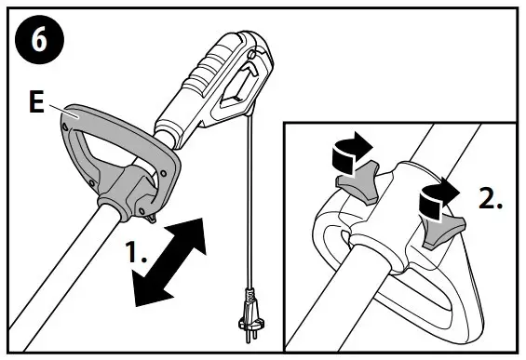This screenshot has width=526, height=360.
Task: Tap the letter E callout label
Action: point(36,104)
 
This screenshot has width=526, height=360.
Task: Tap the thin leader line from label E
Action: point(53,110)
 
